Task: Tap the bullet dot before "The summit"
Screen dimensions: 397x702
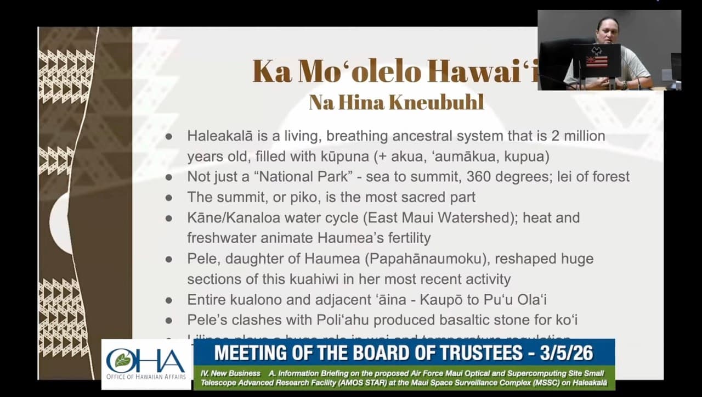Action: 169,197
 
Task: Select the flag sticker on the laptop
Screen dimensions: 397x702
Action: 597,61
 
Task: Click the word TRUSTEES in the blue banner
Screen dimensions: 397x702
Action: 471,352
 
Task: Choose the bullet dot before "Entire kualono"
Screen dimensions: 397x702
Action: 169,300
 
